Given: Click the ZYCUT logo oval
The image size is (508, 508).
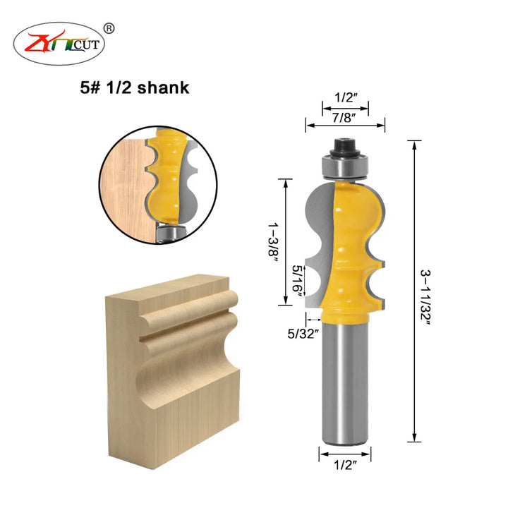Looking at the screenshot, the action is coord(59,44).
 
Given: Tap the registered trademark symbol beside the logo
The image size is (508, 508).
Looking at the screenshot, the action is coord(109,29).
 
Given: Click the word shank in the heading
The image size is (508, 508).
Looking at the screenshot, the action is coord(163,87).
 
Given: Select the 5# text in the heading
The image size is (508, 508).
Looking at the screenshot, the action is coord(90,87).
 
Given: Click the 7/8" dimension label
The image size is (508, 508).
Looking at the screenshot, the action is coord(344,118).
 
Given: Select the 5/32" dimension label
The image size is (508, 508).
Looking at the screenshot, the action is coord(303,333).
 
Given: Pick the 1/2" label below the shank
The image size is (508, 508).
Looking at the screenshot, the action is coord(345,465).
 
